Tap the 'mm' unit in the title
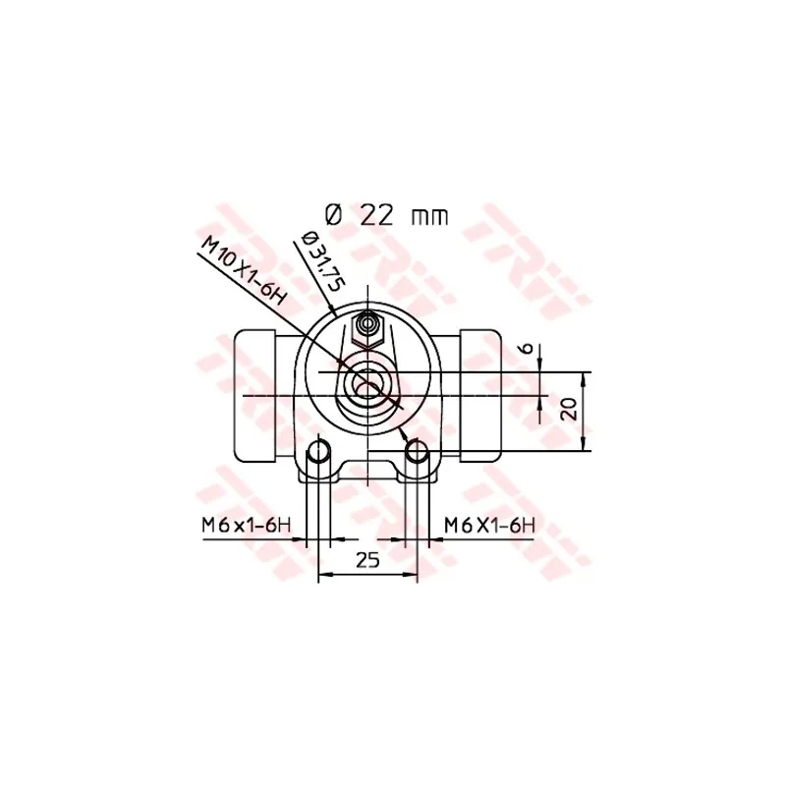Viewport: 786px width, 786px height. coord(430,216)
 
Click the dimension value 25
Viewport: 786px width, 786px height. coord(367,560)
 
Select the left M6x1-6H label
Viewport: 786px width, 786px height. coord(247,526)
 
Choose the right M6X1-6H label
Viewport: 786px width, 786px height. coord(489,526)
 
